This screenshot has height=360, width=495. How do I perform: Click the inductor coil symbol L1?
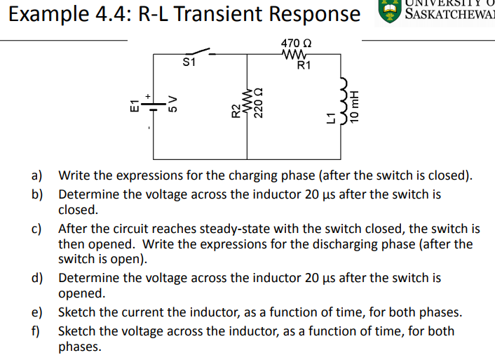[344, 106]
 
